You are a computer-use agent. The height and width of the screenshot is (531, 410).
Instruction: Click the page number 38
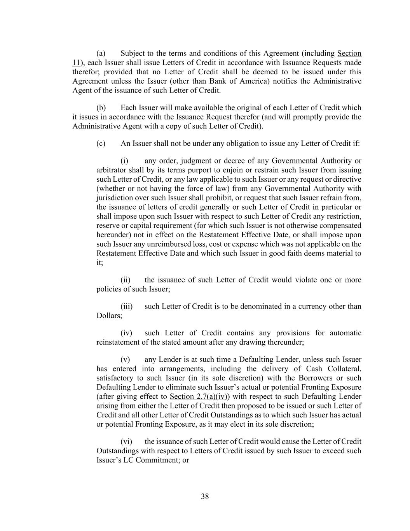[x=205, y=496]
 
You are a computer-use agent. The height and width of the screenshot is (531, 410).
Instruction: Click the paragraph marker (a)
[x=101, y=53]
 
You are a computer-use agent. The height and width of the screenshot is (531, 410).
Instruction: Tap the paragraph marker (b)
[x=101, y=107]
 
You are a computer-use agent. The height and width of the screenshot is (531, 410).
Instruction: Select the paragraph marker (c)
[x=101, y=143]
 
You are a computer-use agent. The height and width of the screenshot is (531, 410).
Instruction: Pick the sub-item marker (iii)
[x=126, y=306]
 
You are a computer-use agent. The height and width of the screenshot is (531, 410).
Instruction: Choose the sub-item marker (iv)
[x=126, y=333]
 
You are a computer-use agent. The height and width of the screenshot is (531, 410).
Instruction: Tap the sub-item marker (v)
[x=125, y=359]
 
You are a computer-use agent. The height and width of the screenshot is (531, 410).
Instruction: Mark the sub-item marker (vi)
[x=126, y=442]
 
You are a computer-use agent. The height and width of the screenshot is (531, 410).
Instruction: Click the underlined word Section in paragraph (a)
[x=349, y=53]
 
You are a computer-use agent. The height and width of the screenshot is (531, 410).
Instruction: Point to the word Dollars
[x=109, y=315]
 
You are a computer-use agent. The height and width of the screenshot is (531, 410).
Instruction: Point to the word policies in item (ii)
[x=108, y=289]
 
